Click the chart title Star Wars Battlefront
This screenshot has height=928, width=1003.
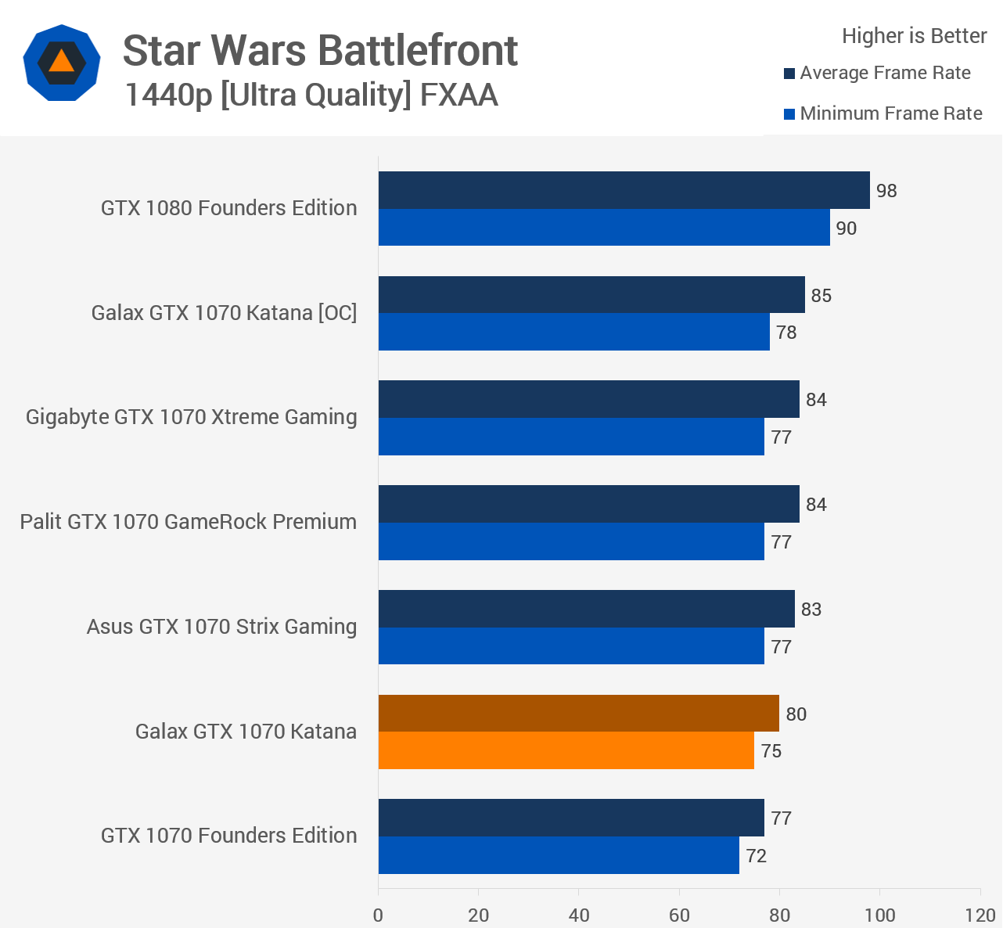(x=320, y=51)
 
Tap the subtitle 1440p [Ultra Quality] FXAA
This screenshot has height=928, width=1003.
(x=311, y=95)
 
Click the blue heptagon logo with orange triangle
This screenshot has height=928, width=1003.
(x=61, y=62)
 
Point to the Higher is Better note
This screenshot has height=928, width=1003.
(x=914, y=36)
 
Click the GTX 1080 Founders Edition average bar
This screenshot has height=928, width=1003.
(x=624, y=190)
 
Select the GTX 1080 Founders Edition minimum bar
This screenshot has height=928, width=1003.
(x=604, y=228)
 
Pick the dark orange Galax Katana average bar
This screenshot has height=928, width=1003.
(x=578, y=714)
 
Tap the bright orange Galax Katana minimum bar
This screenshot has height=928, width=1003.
(x=566, y=750)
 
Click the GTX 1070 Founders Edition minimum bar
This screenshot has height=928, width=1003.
(x=559, y=855)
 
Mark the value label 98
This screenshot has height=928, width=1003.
(x=886, y=191)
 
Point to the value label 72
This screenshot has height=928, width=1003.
(x=756, y=856)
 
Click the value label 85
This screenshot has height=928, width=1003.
(x=821, y=296)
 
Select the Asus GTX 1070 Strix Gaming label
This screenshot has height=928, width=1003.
(x=221, y=627)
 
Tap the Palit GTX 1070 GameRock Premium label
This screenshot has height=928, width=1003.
(x=188, y=522)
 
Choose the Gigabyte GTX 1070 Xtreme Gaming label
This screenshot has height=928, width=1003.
(x=191, y=417)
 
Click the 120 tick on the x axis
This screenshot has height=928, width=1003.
(x=980, y=915)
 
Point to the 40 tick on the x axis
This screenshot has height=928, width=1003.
(x=579, y=915)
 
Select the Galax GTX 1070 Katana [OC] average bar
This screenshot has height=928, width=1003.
(x=591, y=295)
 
